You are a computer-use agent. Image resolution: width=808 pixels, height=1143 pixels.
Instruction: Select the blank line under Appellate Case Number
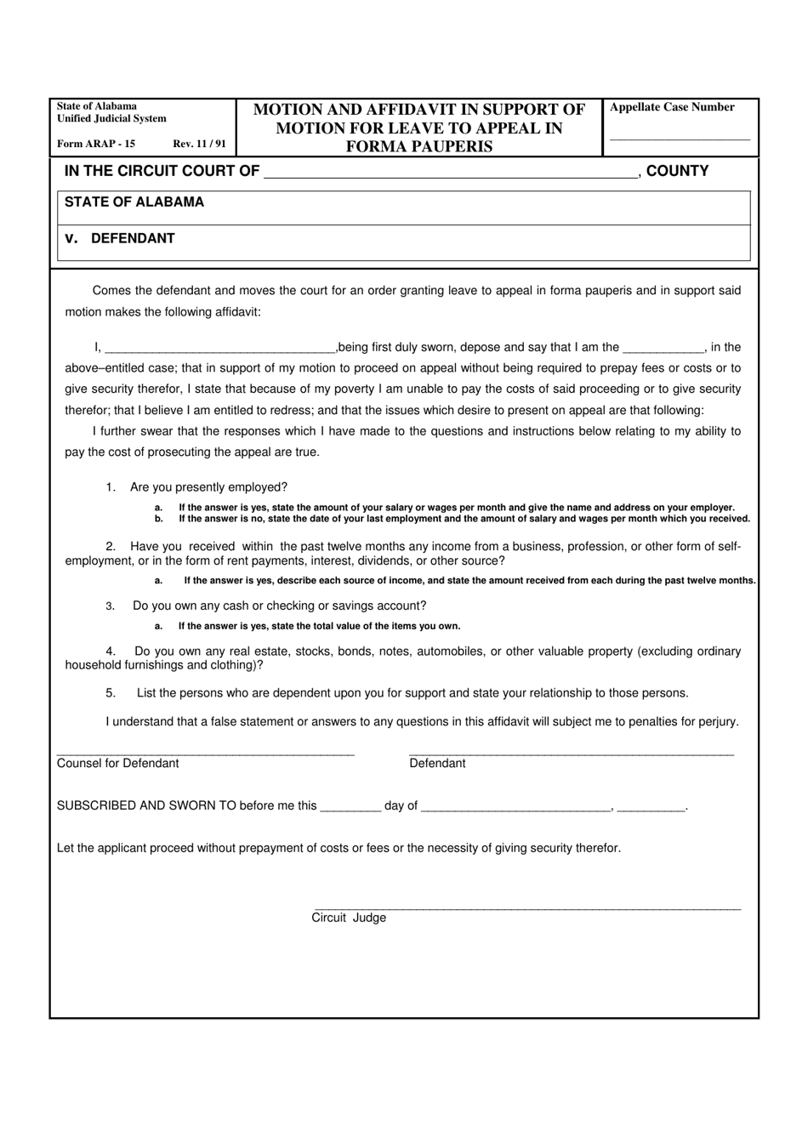click(680, 138)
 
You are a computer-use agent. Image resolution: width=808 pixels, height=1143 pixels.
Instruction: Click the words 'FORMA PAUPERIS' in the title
click(418, 146)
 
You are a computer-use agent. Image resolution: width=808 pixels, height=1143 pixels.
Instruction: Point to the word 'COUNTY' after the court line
click(677, 171)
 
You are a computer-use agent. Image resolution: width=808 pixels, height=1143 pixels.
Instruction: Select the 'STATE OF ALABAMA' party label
click(134, 202)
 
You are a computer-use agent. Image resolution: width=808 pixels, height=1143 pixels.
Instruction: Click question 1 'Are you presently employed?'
click(208, 487)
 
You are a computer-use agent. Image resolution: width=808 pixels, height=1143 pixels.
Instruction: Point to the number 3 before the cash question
click(110, 606)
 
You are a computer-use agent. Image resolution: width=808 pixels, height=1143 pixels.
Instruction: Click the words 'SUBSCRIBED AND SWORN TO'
click(146, 806)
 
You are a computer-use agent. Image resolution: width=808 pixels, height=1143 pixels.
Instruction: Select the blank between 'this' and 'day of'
click(350, 809)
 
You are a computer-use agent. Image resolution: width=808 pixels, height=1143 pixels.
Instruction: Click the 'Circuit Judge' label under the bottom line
click(349, 918)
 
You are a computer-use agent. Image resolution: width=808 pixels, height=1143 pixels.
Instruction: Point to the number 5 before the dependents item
click(111, 693)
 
